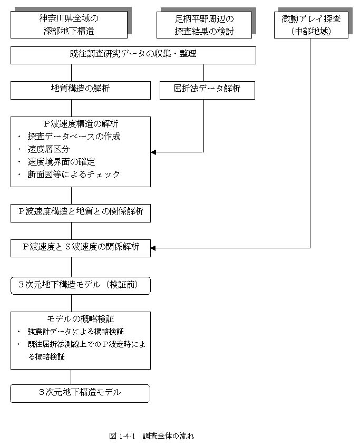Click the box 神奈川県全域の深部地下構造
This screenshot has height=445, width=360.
(x=69, y=25)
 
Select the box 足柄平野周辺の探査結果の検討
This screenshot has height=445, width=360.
(x=204, y=25)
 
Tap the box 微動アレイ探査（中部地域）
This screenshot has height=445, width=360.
(x=311, y=25)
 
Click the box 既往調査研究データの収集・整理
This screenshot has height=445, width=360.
(x=133, y=55)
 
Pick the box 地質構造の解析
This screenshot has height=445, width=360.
(x=81, y=90)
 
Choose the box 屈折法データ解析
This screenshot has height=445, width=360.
(x=207, y=90)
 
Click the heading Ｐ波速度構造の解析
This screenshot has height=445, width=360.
(x=81, y=124)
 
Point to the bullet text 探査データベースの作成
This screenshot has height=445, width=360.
(x=74, y=137)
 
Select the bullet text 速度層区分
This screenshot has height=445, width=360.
(x=48, y=149)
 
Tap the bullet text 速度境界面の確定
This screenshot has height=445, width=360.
(x=61, y=162)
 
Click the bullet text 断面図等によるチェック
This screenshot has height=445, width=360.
(x=73, y=174)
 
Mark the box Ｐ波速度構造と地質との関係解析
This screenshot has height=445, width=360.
(x=81, y=213)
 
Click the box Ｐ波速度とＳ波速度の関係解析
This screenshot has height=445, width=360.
(x=81, y=248)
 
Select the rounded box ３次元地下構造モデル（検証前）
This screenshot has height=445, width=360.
(x=81, y=285)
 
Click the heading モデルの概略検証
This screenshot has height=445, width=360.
(x=81, y=318)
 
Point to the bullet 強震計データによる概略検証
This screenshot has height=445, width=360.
(x=75, y=331)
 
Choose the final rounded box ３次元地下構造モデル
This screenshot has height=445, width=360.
(x=80, y=393)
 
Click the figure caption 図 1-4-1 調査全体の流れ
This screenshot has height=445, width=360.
(x=151, y=436)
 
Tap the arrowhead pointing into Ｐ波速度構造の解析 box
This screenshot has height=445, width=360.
(x=153, y=152)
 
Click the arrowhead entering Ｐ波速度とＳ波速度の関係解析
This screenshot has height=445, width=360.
(x=153, y=248)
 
